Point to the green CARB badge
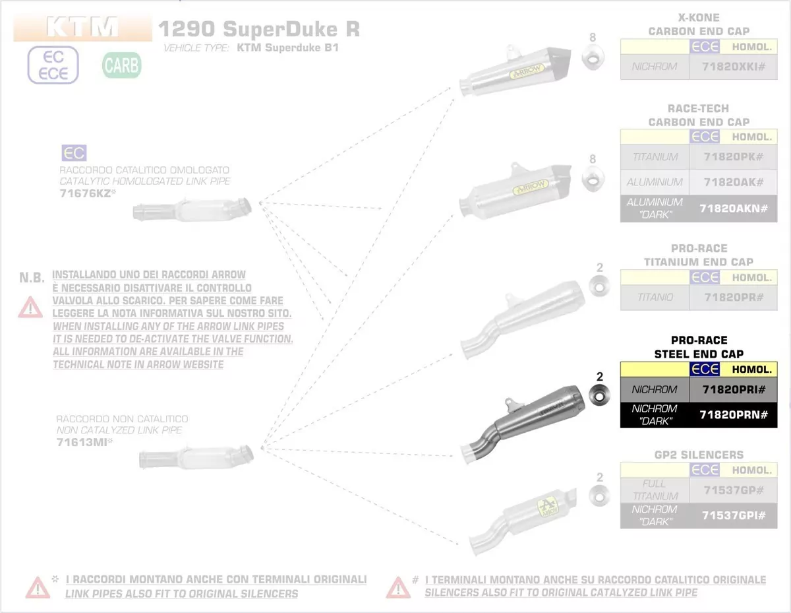pyautogui.click(x=121, y=65)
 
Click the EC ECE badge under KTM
pyautogui.click(x=53, y=65)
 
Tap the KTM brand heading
pyautogui.click(x=82, y=27)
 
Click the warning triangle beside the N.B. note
pyautogui.click(x=30, y=306)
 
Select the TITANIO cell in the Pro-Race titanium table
pyautogui.click(x=655, y=297)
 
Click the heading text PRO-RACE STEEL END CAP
pyautogui.click(x=699, y=347)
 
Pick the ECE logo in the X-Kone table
pyautogui.click(x=705, y=47)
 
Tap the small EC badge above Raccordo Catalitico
pyautogui.click(x=74, y=154)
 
